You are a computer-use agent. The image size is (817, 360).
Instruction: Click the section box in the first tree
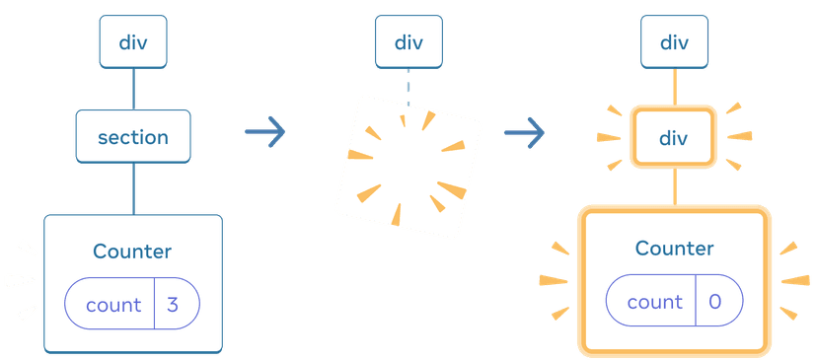pos(133,136)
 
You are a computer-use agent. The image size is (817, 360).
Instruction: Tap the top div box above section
pos(133,41)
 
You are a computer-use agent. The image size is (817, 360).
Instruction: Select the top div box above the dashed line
pos(409,41)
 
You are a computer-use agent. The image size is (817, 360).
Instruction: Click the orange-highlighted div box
pos(674,138)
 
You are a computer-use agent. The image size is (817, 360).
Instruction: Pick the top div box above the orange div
pos(674,41)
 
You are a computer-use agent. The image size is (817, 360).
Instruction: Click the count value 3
pos(173,305)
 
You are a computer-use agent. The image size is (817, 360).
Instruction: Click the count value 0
pos(714,302)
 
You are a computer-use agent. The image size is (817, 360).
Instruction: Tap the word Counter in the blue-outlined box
pos(132,252)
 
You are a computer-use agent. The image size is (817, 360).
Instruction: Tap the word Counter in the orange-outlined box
pos(674,249)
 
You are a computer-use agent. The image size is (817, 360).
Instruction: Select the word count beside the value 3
pos(113,306)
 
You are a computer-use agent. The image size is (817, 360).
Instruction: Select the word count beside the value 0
pos(655,303)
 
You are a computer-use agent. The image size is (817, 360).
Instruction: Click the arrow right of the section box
pos(265,131)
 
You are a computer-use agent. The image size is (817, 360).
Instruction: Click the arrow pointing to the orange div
pos(524,133)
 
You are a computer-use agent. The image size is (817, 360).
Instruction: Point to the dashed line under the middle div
pos(408,88)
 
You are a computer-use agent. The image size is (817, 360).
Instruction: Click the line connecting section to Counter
pos(133,188)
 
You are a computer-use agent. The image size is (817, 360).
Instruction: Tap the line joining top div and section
pos(133,89)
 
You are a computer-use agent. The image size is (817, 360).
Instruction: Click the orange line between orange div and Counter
pos(675,187)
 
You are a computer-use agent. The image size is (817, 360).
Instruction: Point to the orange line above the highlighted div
pos(675,88)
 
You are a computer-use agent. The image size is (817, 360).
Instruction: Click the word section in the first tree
pos(133,137)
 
